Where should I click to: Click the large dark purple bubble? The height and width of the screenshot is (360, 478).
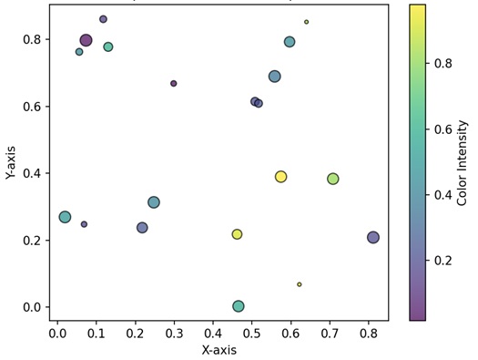pos(86,40)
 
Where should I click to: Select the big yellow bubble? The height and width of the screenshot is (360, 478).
pos(280,177)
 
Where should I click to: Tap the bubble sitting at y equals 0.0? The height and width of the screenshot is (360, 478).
pos(239,306)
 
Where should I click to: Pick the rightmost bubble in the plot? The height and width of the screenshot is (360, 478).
pos(373,238)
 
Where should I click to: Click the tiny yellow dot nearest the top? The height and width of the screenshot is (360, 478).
pos(306,22)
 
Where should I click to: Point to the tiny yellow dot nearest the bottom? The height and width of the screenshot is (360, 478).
pos(299,284)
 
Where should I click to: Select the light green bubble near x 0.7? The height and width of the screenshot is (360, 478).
pos(333,179)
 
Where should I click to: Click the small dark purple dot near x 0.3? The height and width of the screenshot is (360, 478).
pos(174,84)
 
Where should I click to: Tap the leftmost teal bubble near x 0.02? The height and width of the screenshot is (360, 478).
pos(65,217)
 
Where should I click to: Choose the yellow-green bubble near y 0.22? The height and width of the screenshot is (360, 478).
pos(237,234)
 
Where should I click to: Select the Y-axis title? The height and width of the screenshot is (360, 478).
pos(11,161)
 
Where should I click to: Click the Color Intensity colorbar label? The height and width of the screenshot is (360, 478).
pos(463,161)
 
